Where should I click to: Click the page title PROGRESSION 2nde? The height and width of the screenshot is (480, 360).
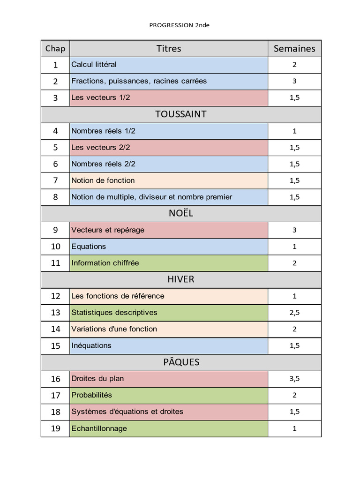click(179, 25)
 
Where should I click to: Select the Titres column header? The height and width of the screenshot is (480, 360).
click(169, 48)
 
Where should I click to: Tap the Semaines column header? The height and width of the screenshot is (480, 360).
click(294, 48)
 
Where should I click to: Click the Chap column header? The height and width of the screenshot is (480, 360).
click(55, 48)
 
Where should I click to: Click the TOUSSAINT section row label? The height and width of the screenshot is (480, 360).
click(181, 114)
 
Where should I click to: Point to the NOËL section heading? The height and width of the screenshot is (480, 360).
click(181, 213)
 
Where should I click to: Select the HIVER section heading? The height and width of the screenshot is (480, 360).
click(181, 279)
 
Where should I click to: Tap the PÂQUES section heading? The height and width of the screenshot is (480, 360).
click(181, 362)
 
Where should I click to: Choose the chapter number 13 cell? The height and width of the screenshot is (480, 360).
click(55, 313)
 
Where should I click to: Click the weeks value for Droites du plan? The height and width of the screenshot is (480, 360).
click(294, 379)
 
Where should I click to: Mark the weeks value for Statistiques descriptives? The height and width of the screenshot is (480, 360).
click(294, 313)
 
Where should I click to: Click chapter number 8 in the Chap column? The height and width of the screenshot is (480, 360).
click(55, 197)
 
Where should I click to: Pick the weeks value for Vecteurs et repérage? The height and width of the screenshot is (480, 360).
click(294, 230)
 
